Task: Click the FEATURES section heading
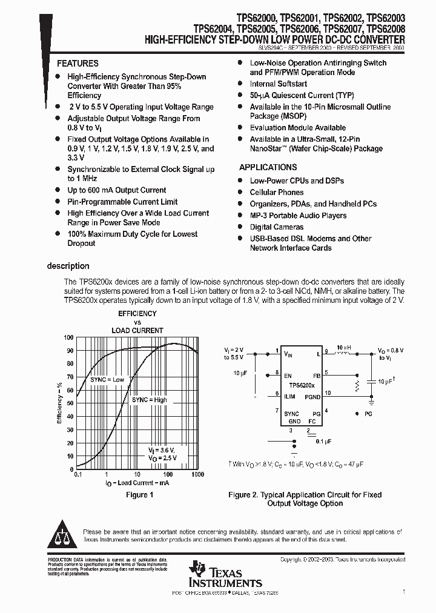tap(78, 64)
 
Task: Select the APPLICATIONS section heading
tap(268, 167)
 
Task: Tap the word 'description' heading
tap(68, 266)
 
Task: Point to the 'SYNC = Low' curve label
tap(107, 380)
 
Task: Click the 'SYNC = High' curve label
tap(150, 400)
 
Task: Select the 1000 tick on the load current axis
tap(197, 475)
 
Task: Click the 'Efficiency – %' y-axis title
tap(59, 403)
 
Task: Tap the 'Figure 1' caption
tap(139, 495)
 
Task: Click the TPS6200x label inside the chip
tap(302, 385)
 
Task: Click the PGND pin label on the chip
tap(313, 397)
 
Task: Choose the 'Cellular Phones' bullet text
tap(277, 193)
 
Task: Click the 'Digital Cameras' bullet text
tap(277, 227)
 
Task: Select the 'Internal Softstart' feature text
tap(279, 84)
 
